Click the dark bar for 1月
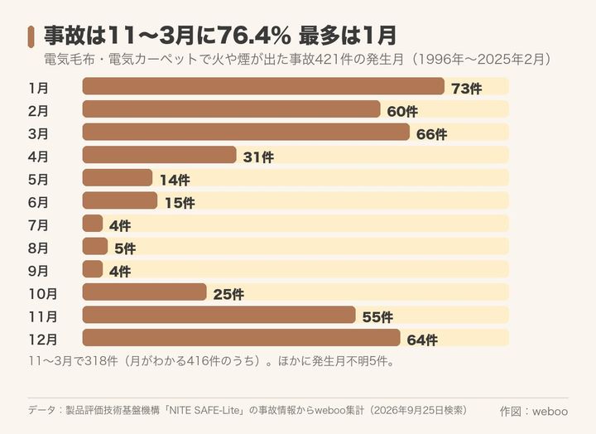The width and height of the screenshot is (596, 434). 263,86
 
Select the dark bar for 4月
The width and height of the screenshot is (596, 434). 159,154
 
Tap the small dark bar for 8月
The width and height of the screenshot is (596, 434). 95,246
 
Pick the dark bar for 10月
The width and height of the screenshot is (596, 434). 144,292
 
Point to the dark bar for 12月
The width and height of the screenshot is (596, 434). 242,337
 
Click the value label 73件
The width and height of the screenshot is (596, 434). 466,89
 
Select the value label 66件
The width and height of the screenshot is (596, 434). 431,134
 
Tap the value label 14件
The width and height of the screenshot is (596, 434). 175,180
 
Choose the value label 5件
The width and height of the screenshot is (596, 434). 125,248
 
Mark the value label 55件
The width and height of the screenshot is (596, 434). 377,317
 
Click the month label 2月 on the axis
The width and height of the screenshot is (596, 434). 38,111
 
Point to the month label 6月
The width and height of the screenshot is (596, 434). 38,202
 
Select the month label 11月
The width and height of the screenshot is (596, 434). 43,316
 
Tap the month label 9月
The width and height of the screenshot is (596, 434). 38,271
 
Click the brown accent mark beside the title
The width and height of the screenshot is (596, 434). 31,37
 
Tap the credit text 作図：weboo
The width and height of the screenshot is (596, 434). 534,411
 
